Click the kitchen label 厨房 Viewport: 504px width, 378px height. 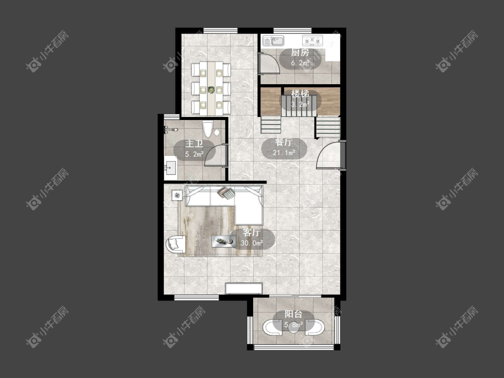(x=300, y=53)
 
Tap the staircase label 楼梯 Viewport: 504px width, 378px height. (x=300, y=94)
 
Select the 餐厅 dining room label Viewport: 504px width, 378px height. (x=284, y=142)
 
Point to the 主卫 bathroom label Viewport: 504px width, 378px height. (x=194, y=144)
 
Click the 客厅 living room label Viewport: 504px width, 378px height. (x=251, y=232)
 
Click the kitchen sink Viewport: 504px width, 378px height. (x=274, y=41)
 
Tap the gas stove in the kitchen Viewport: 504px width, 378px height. (x=311, y=41)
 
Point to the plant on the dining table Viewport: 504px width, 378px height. (x=211, y=90)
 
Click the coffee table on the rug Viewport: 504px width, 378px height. (x=224, y=241)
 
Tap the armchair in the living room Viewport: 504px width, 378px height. (x=176, y=244)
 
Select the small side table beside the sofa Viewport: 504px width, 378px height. (x=177, y=195)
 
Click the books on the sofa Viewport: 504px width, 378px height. (x=226, y=193)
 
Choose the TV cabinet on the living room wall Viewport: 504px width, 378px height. (x=244, y=288)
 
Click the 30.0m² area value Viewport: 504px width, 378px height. (x=252, y=243)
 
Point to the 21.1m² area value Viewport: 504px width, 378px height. (x=284, y=153)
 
